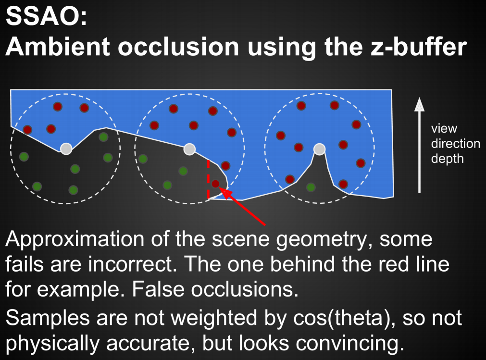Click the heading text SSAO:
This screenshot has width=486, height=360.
click(47, 16)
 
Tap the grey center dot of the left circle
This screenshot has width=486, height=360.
click(66, 149)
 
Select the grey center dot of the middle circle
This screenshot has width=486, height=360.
click(189, 149)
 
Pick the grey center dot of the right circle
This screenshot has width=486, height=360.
click(319, 149)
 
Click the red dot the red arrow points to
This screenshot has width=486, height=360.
click(215, 184)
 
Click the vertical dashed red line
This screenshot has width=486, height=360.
click(208, 179)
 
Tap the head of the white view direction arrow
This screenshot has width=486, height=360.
click(419, 104)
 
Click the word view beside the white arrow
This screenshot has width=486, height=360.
click(444, 128)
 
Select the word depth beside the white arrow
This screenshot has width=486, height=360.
click(447, 159)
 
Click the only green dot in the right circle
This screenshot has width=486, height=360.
click(311, 187)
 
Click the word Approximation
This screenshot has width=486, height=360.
click(75, 239)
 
